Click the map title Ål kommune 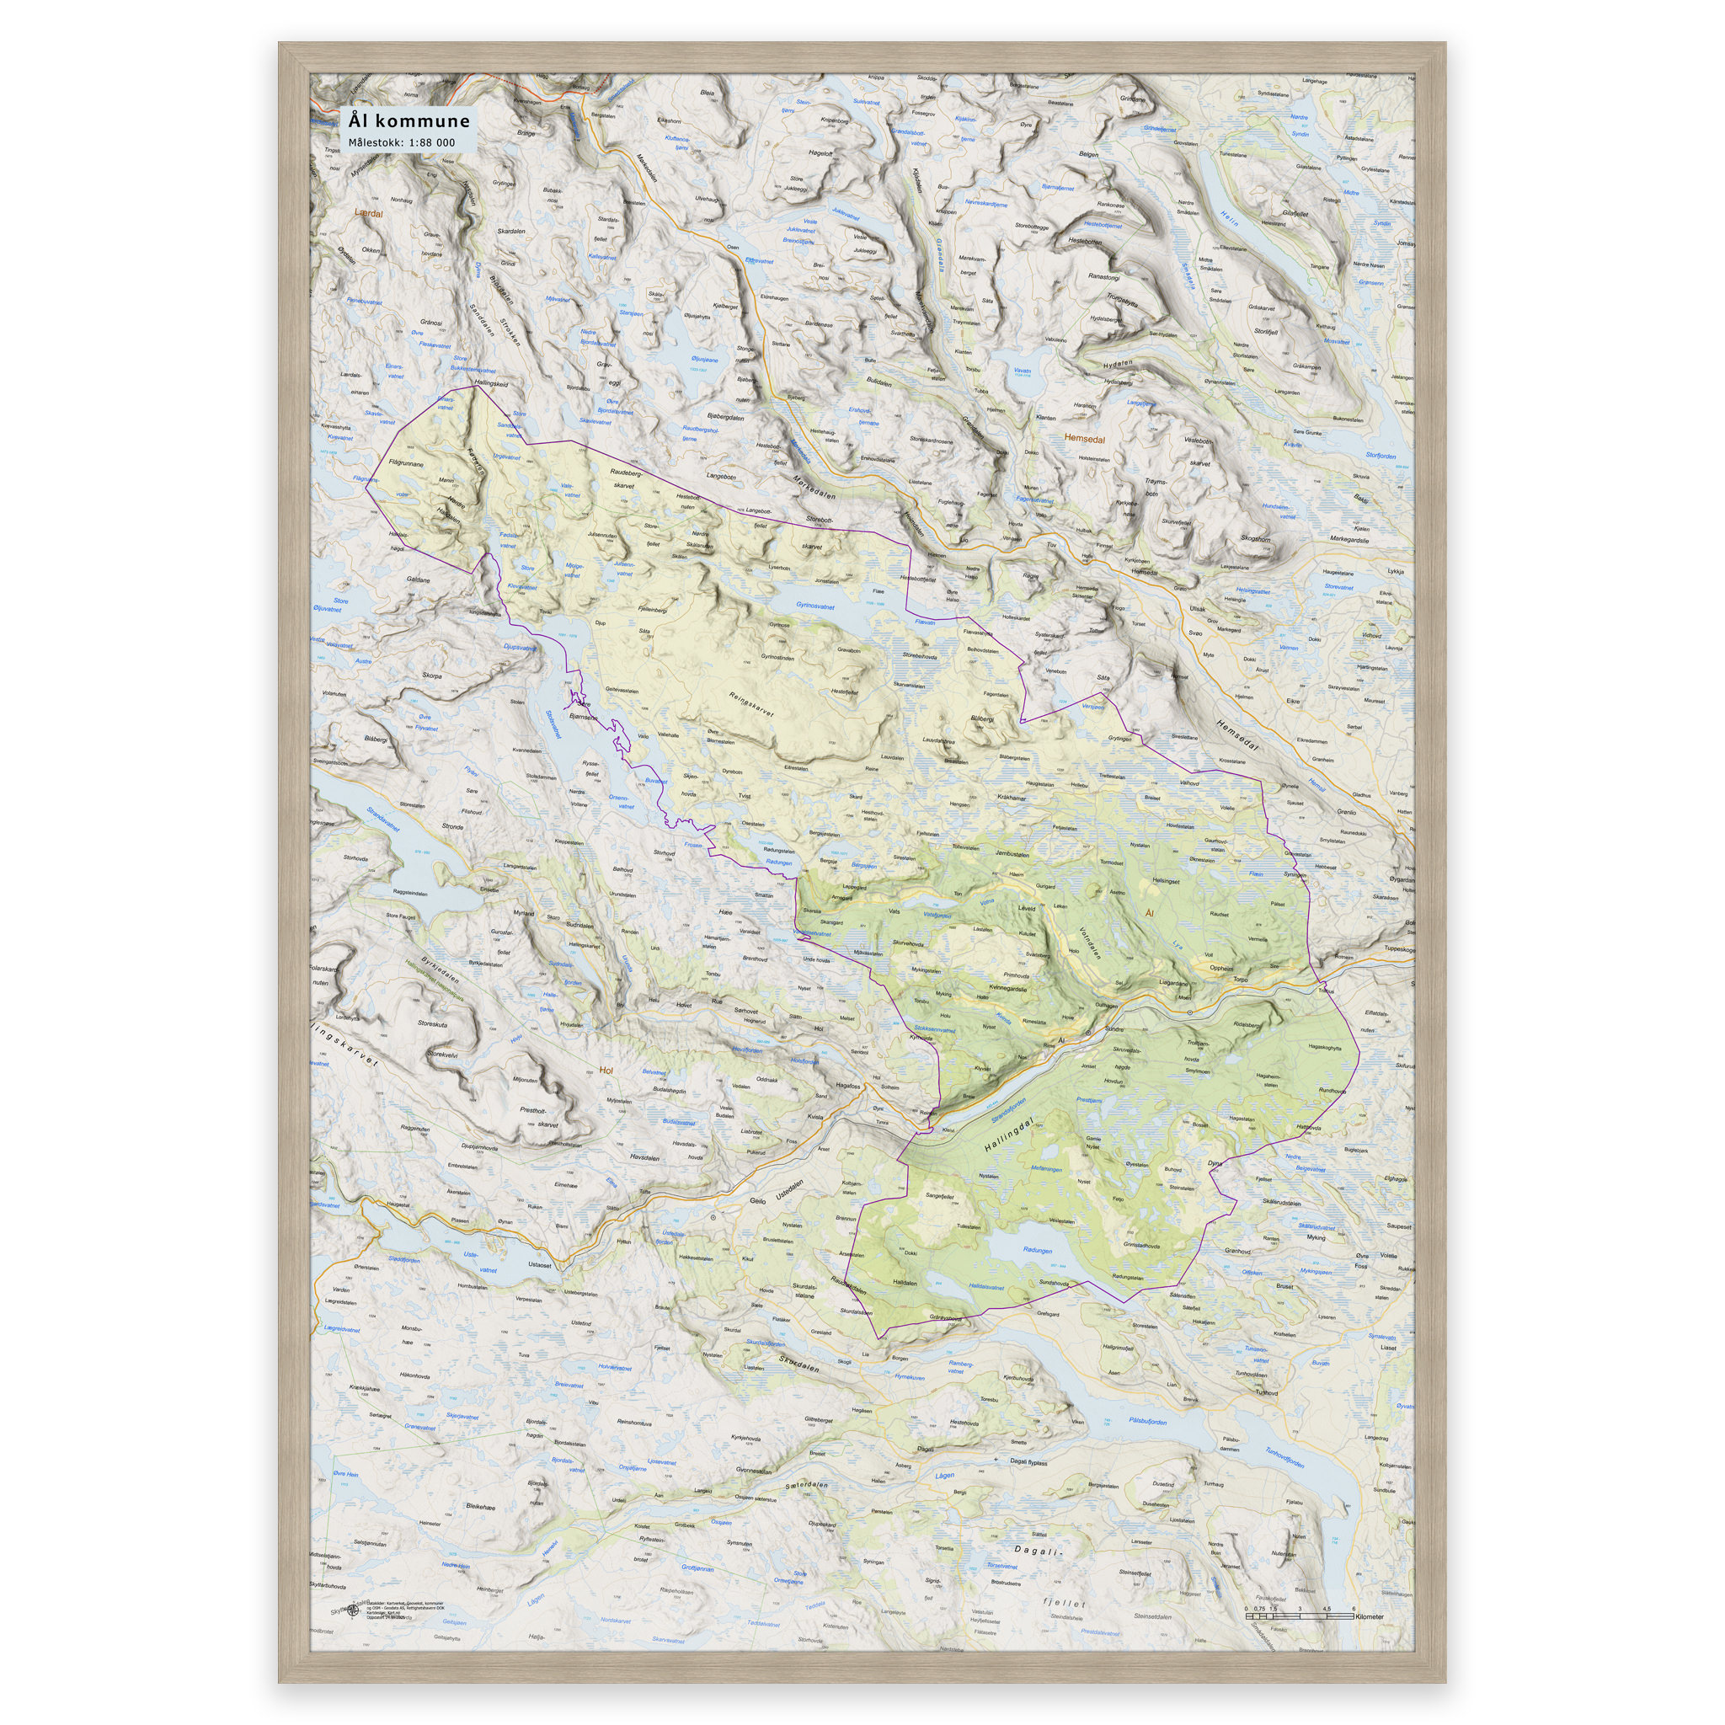coord(409,120)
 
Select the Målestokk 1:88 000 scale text coord(402,142)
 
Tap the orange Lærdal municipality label coord(368,213)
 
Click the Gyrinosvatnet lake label coord(815,605)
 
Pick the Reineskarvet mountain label coord(752,705)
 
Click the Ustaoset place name coord(539,1264)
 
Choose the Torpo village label coord(1240,980)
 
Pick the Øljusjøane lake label coord(704,360)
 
